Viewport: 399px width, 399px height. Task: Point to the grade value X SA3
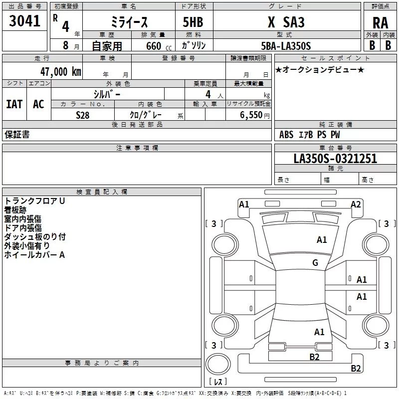(286, 22)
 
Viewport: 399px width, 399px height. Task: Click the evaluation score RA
(380, 23)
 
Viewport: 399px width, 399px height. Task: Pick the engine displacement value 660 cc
(150, 46)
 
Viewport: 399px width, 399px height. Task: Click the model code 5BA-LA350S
(286, 46)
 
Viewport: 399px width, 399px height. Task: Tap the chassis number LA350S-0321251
(335, 159)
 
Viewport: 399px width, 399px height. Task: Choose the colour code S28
(83, 115)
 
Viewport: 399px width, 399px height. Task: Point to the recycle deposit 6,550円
(254, 115)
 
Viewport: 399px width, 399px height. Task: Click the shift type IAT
(14, 104)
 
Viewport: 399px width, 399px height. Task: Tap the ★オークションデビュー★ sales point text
(319, 69)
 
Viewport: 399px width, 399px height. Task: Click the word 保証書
(17, 135)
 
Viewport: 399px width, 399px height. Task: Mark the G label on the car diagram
(315, 263)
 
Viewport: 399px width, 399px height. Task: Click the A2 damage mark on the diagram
(356, 204)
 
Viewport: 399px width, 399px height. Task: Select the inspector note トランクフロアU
(34, 201)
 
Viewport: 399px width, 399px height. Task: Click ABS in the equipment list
(286, 135)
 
